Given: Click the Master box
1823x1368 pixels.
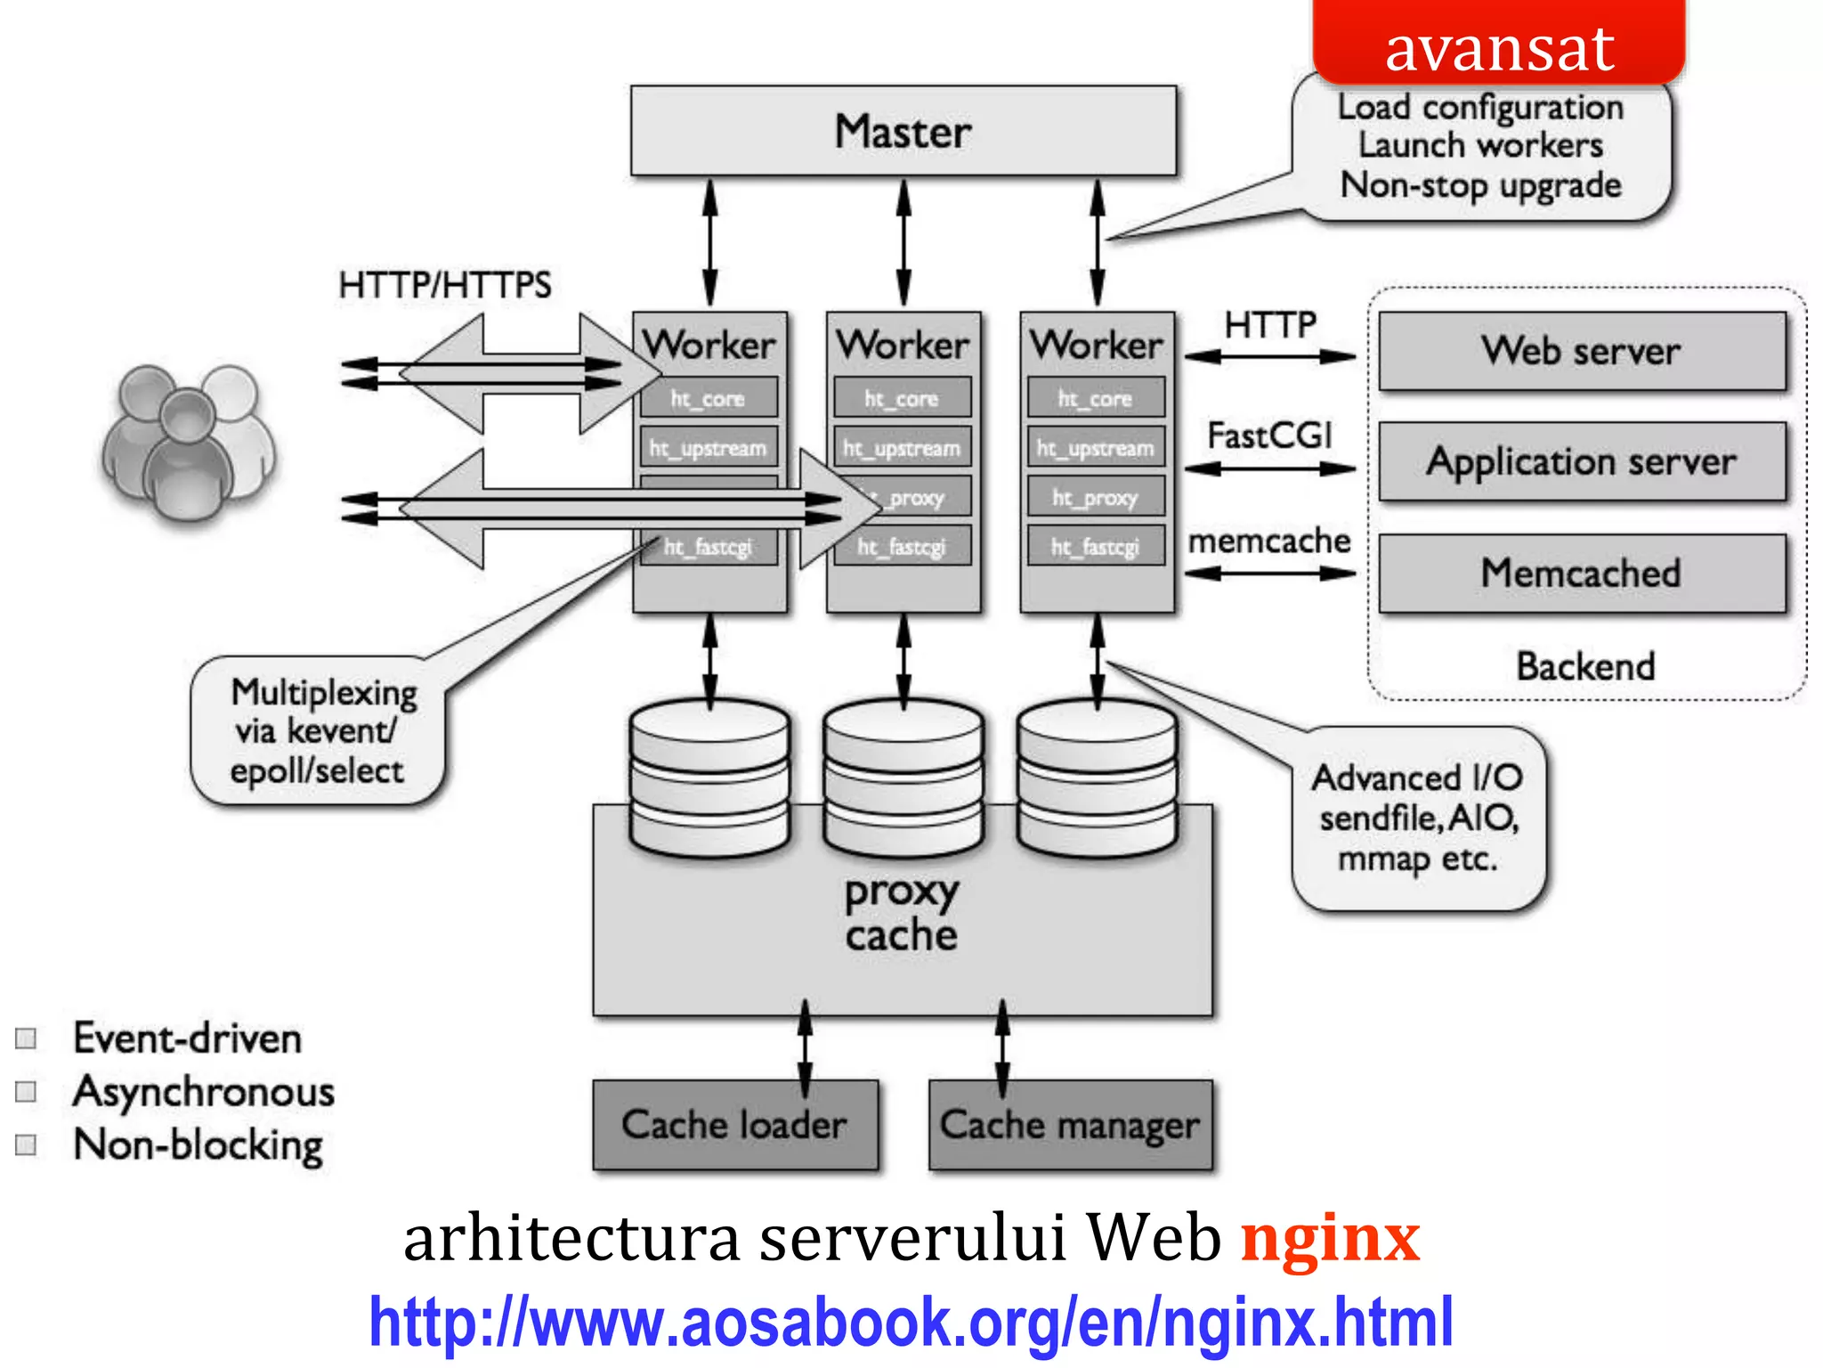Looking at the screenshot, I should click(x=903, y=131).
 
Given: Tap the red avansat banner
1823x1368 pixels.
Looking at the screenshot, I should click(x=1499, y=45).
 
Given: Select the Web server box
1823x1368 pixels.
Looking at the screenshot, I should click(x=1582, y=351).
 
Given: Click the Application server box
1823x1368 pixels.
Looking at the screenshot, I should click(x=1582, y=461).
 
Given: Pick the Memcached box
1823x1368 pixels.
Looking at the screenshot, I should click(x=1582, y=573).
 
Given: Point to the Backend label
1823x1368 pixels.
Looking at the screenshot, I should click(x=1585, y=666).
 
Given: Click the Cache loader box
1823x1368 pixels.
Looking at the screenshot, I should click(x=734, y=1125).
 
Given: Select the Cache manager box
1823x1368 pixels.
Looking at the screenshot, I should click(x=1070, y=1125).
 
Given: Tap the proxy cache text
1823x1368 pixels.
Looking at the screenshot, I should click(x=901, y=913).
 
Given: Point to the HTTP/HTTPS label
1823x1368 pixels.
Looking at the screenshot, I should click(x=444, y=285).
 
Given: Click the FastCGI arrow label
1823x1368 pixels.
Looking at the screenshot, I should click(x=1269, y=436).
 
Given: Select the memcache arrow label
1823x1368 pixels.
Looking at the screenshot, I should click(x=1269, y=541).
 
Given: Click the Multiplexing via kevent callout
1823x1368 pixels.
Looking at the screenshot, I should click(x=318, y=731).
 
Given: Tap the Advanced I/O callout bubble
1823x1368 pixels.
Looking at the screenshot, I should click(x=1418, y=818).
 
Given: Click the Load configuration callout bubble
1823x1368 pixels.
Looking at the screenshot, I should click(x=1481, y=147).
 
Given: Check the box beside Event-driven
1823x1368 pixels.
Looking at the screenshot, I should click(x=27, y=1038).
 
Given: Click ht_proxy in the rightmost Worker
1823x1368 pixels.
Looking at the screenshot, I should click(x=1095, y=498).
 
